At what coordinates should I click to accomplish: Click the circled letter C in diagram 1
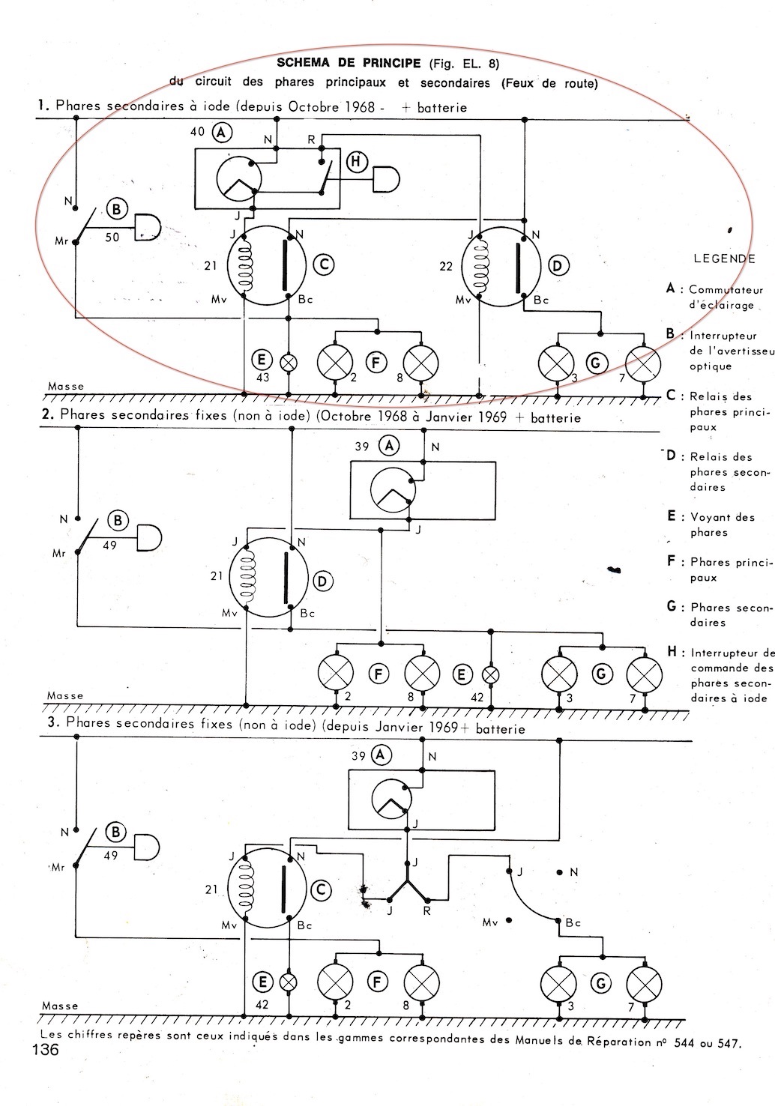[323, 264]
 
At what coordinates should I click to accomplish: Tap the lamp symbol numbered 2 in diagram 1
[334, 362]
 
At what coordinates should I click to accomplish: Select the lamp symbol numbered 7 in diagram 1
[643, 363]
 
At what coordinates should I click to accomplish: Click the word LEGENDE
[725, 259]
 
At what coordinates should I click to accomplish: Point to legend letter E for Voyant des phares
[672, 516]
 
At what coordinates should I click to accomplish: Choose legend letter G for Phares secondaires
[672, 606]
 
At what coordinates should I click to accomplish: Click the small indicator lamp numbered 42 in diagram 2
[490, 674]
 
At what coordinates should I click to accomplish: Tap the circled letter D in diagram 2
[323, 581]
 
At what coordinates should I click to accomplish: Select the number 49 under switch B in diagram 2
[110, 546]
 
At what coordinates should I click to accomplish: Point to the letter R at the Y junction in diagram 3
[427, 911]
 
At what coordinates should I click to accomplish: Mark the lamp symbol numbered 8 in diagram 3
[422, 982]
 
